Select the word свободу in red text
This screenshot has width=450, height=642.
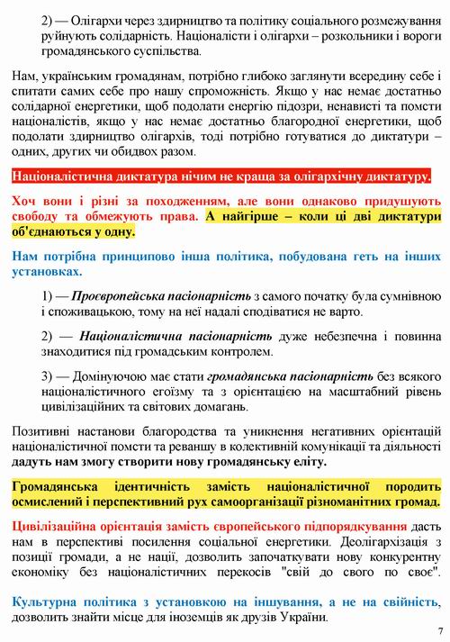pos(38,216)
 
